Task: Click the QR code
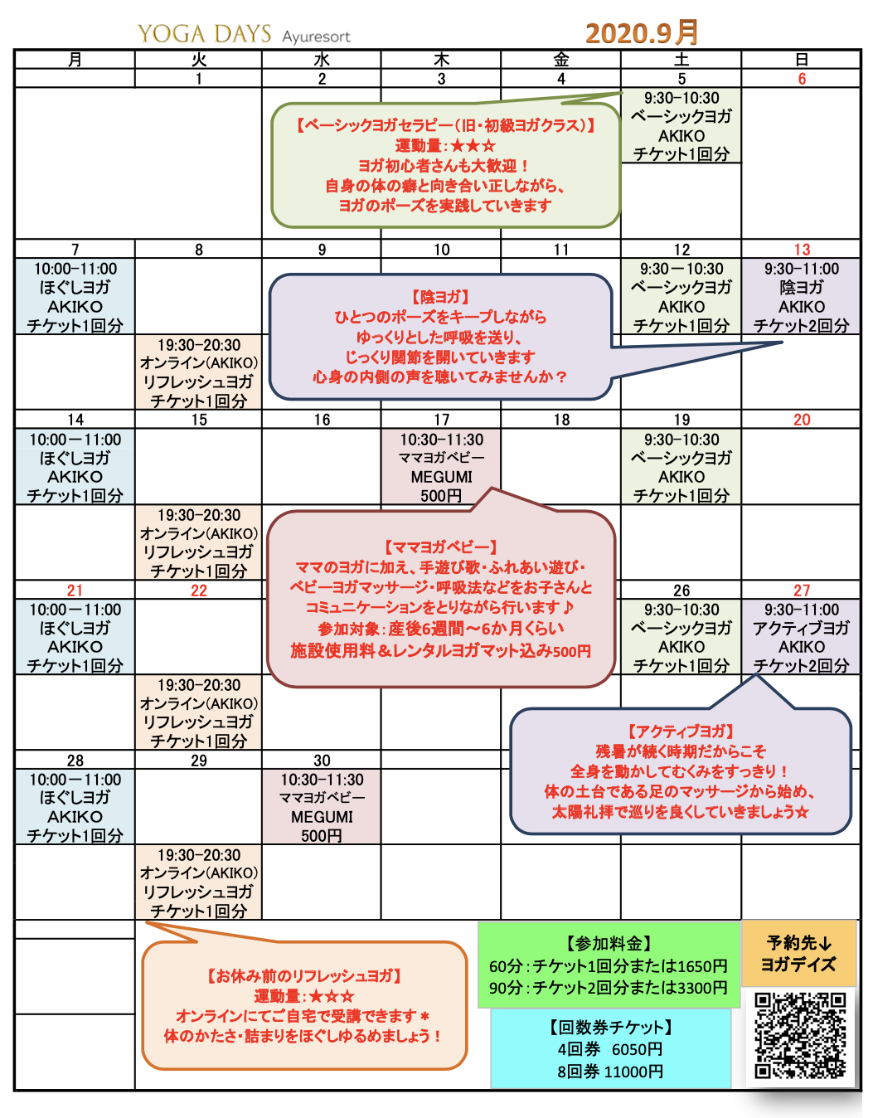pyautogui.click(x=800, y=1036)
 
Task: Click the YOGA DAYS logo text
pyautogui.click(x=205, y=34)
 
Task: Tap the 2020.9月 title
pyautogui.click(x=642, y=33)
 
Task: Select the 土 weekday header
pyautogui.click(x=681, y=60)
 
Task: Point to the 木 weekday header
pyautogui.click(x=442, y=60)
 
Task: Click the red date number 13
pyautogui.click(x=802, y=250)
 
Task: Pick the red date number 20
pyautogui.click(x=802, y=420)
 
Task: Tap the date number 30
pyautogui.click(x=322, y=761)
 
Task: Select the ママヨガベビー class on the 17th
pyautogui.click(x=441, y=467)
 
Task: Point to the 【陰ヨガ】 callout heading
pyautogui.click(x=440, y=297)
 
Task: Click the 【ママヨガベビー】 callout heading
pyautogui.click(x=440, y=547)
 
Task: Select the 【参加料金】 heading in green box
pyautogui.click(x=609, y=944)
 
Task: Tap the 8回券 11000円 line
pyautogui.click(x=610, y=1072)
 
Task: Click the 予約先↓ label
pyautogui.click(x=798, y=943)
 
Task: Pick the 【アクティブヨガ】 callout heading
pyautogui.click(x=681, y=732)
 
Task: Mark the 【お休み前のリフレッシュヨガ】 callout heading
pyautogui.click(x=304, y=976)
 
